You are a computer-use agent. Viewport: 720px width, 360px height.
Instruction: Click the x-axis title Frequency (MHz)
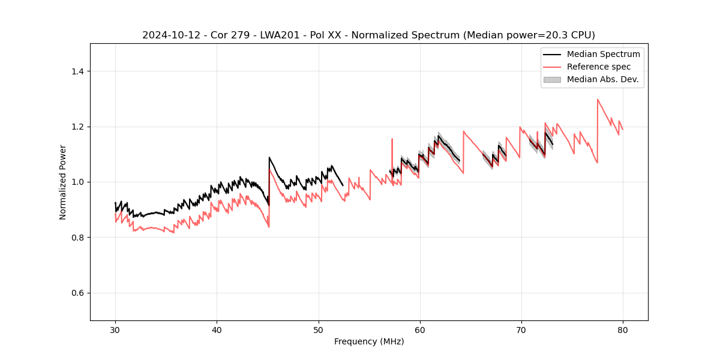(369, 341)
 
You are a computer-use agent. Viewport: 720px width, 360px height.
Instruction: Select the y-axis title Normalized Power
(63, 182)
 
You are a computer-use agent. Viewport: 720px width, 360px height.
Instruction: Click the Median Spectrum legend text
(603, 54)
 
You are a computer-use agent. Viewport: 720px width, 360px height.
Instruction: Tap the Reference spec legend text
(599, 67)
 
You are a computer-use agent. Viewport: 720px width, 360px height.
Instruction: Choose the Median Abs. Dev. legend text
(602, 79)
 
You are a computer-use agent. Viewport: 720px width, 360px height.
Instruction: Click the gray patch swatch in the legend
(552, 79)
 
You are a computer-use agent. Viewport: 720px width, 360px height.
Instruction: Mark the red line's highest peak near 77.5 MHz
(598, 100)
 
